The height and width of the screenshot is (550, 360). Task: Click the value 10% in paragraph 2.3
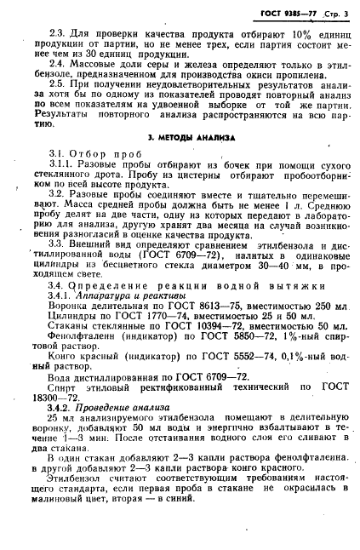point(273,32)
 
